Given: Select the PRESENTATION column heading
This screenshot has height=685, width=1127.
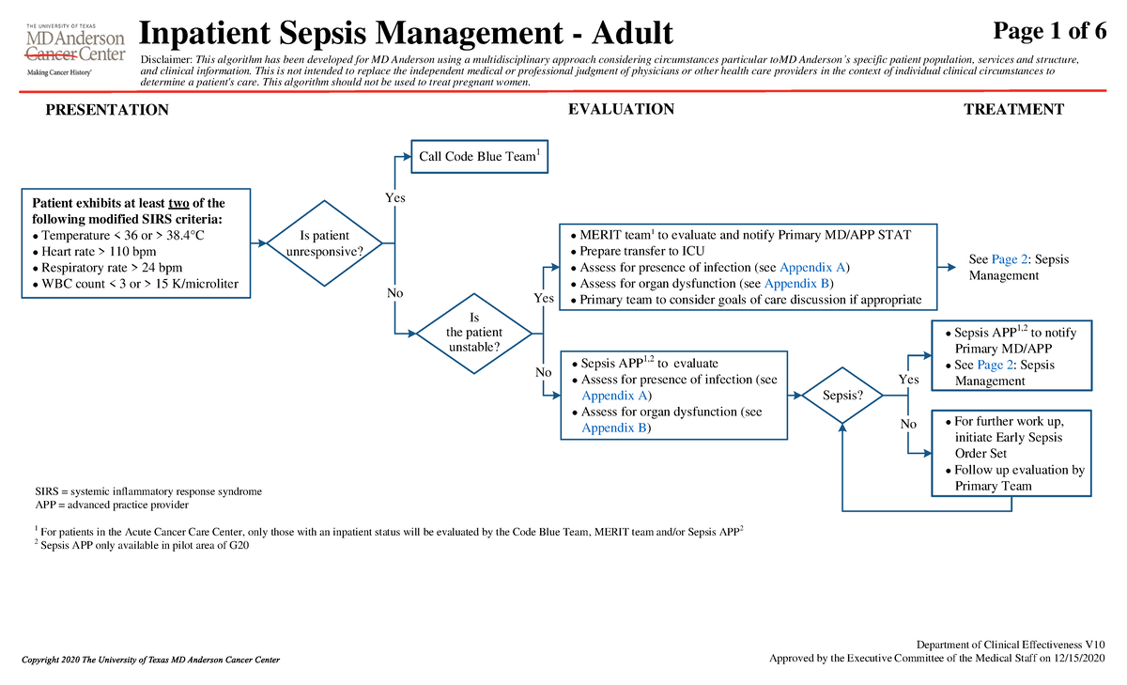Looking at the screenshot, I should [107, 110].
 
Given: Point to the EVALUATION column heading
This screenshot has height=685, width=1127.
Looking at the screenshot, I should [621, 109].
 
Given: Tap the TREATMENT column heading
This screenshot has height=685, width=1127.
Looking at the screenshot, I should [1013, 109].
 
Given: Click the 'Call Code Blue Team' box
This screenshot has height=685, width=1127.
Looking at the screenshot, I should [479, 156].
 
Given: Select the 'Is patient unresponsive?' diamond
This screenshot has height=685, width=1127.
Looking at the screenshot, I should [324, 243].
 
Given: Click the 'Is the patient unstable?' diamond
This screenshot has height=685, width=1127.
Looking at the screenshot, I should [473, 332].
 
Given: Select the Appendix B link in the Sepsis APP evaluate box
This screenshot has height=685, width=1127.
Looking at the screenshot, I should [614, 428].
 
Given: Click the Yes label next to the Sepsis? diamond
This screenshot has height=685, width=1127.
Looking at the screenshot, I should [908, 380].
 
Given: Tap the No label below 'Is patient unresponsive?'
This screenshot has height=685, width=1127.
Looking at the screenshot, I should [394, 294].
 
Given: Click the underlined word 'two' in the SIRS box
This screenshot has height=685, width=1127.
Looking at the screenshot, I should [178, 203].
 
